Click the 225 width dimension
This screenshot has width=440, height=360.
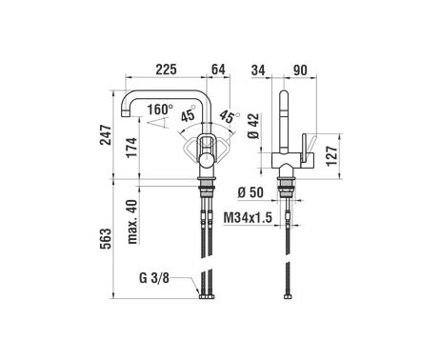(166, 70)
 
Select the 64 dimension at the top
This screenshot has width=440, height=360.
(218, 70)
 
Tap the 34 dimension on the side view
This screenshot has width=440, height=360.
(258, 70)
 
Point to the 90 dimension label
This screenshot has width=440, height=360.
(300, 70)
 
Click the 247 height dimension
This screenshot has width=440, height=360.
(106, 135)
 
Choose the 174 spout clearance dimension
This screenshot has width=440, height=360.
(131, 148)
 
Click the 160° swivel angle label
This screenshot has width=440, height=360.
(160, 110)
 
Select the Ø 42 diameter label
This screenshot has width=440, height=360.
(253, 126)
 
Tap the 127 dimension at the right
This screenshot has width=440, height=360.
(331, 156)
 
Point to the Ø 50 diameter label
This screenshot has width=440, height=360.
(250, 192)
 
